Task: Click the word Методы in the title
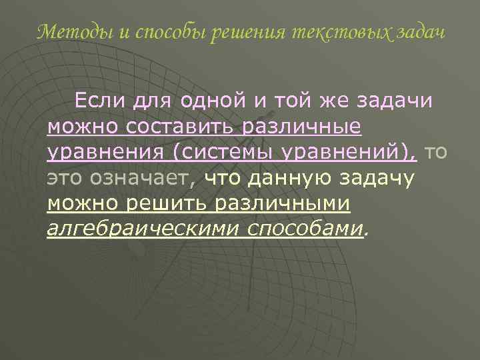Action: pyautogui.click(x=66, y=32)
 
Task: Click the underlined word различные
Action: pyautogui.click(x=304, y=127)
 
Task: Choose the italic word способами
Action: pyautogui.click(x=307, y=229)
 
